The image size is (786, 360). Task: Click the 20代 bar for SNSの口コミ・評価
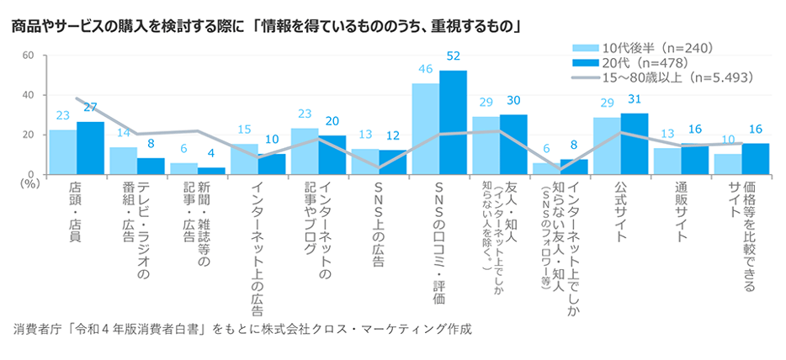(453, 122)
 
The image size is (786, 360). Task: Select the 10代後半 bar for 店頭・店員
(62, 151)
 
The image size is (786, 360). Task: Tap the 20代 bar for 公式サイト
(635, 143)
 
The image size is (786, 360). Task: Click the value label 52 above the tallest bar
(454, 56)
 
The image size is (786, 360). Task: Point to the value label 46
(425, 69)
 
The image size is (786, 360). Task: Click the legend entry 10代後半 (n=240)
(644, 48)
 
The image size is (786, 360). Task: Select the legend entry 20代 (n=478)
(638, 62)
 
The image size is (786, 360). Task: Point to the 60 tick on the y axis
(27, 56)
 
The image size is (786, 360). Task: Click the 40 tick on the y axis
(27, 95)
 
